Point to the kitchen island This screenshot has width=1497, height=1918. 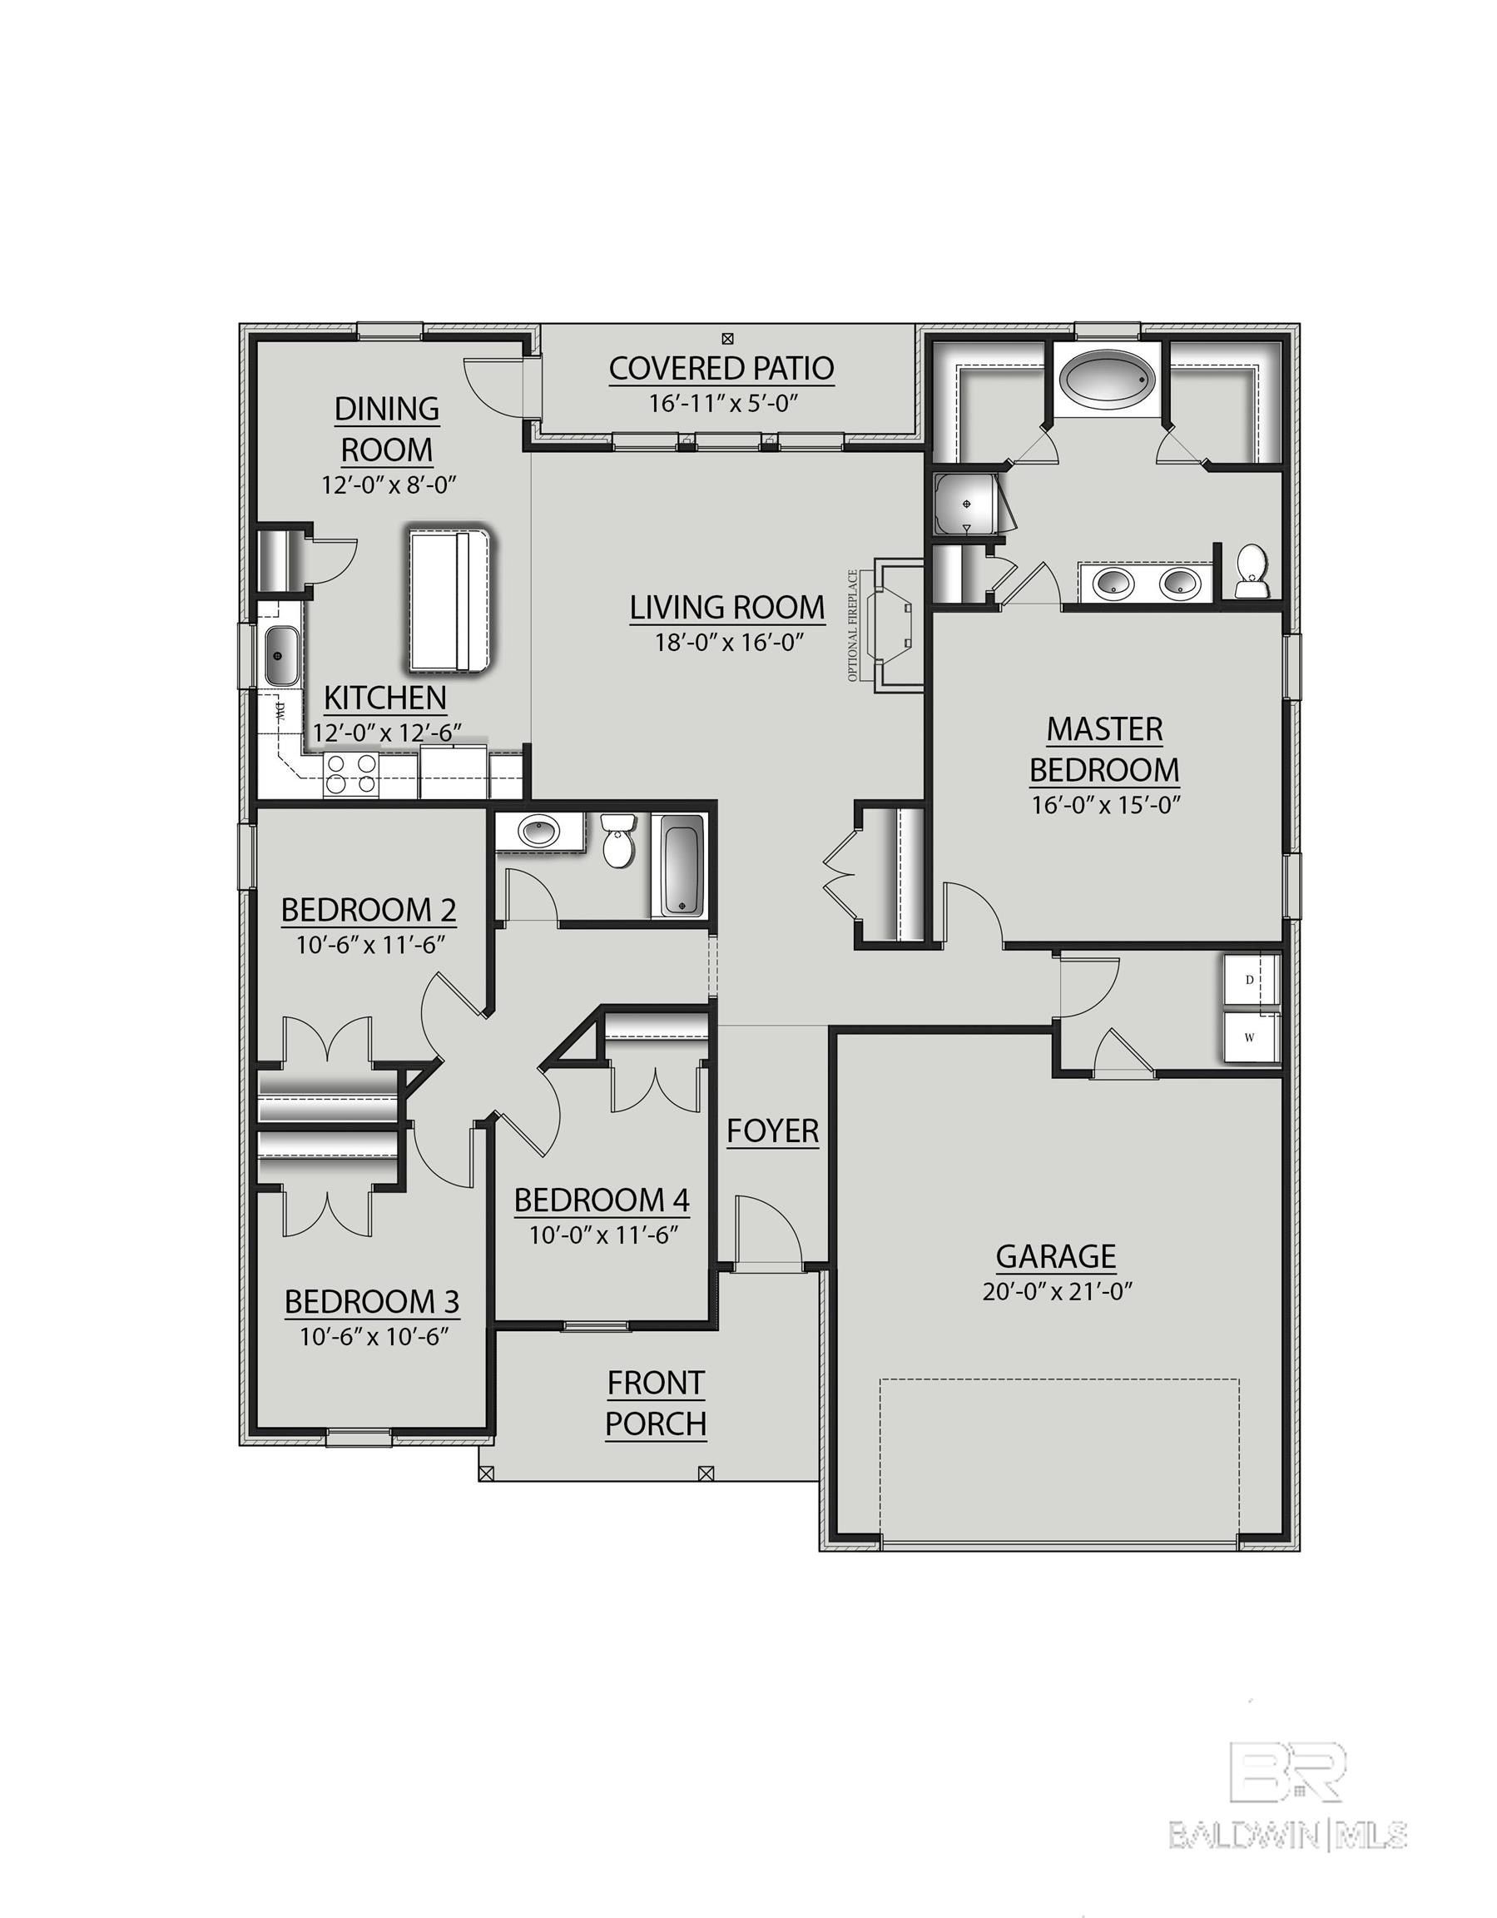[449, 597]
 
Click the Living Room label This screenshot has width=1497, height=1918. [727, 607]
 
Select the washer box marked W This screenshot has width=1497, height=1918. [1249, 1036]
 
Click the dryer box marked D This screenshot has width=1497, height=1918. [1249, 980]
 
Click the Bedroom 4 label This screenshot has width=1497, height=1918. [602, 1200]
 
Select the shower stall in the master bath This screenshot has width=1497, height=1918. [966, 504]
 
